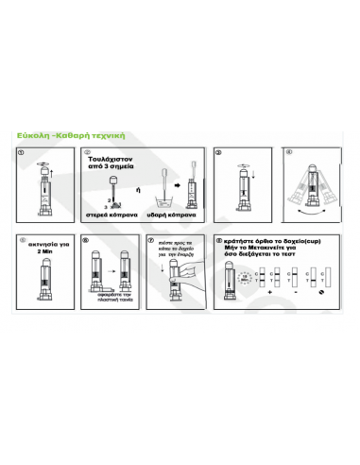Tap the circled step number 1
pos(25,152)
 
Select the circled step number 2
pos(87,152)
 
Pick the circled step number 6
pos(87,240)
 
